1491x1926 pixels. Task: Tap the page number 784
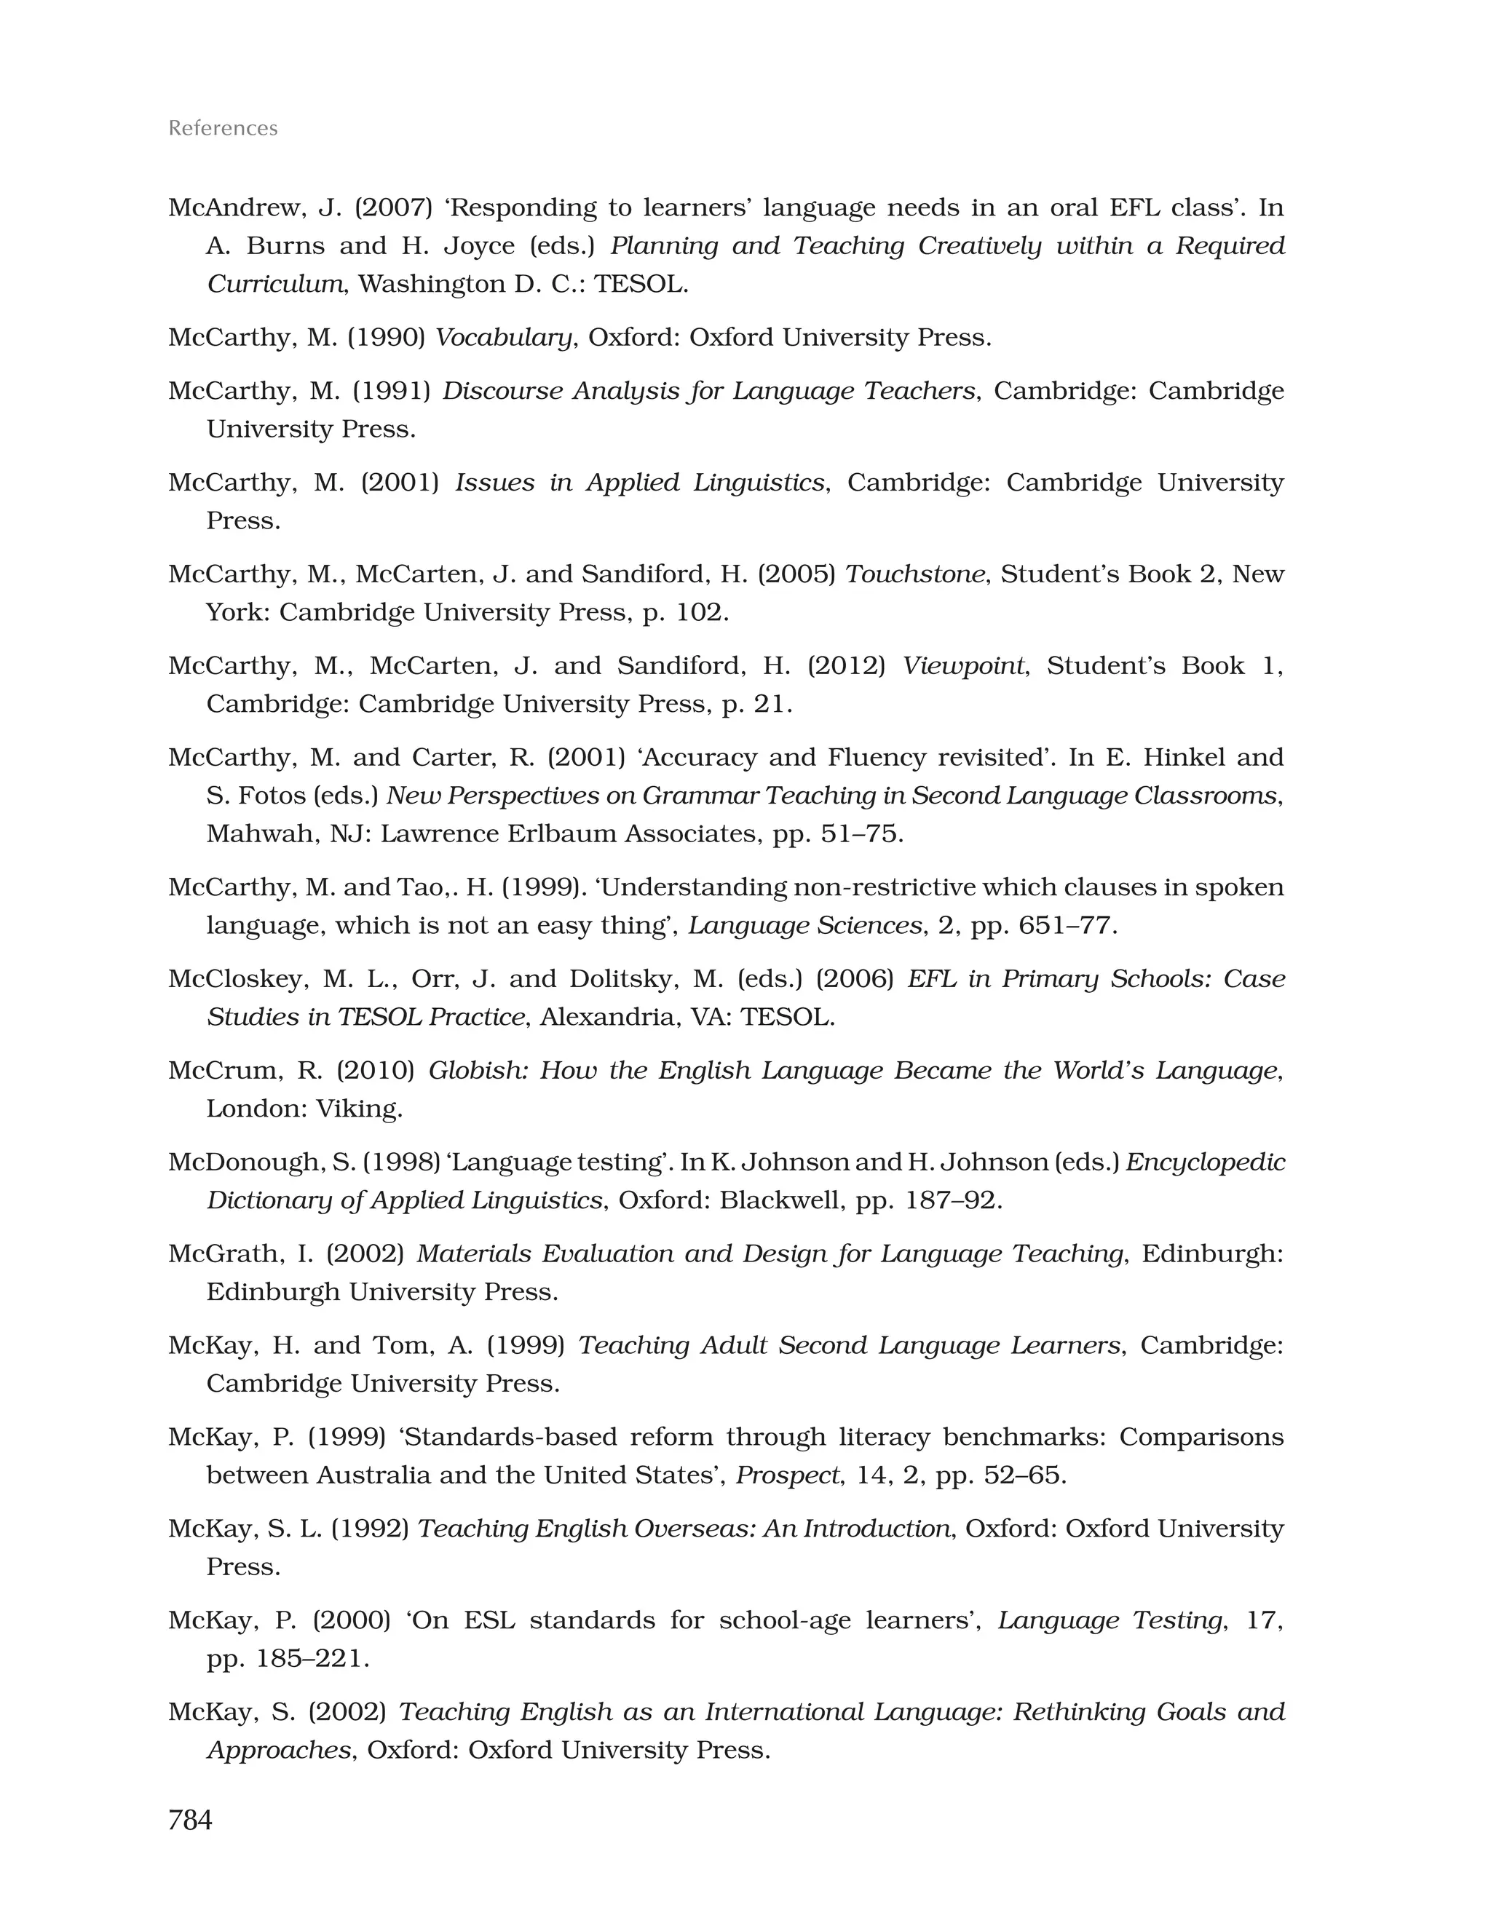[x=190, y=1819]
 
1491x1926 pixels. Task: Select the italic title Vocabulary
[x=504, y=337]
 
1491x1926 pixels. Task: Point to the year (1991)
[x=392, y=391]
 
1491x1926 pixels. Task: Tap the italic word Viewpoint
[x=963, y=666]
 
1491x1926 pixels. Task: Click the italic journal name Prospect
[x=788, y=1475]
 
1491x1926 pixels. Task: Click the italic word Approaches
[x=279, y=1751]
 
